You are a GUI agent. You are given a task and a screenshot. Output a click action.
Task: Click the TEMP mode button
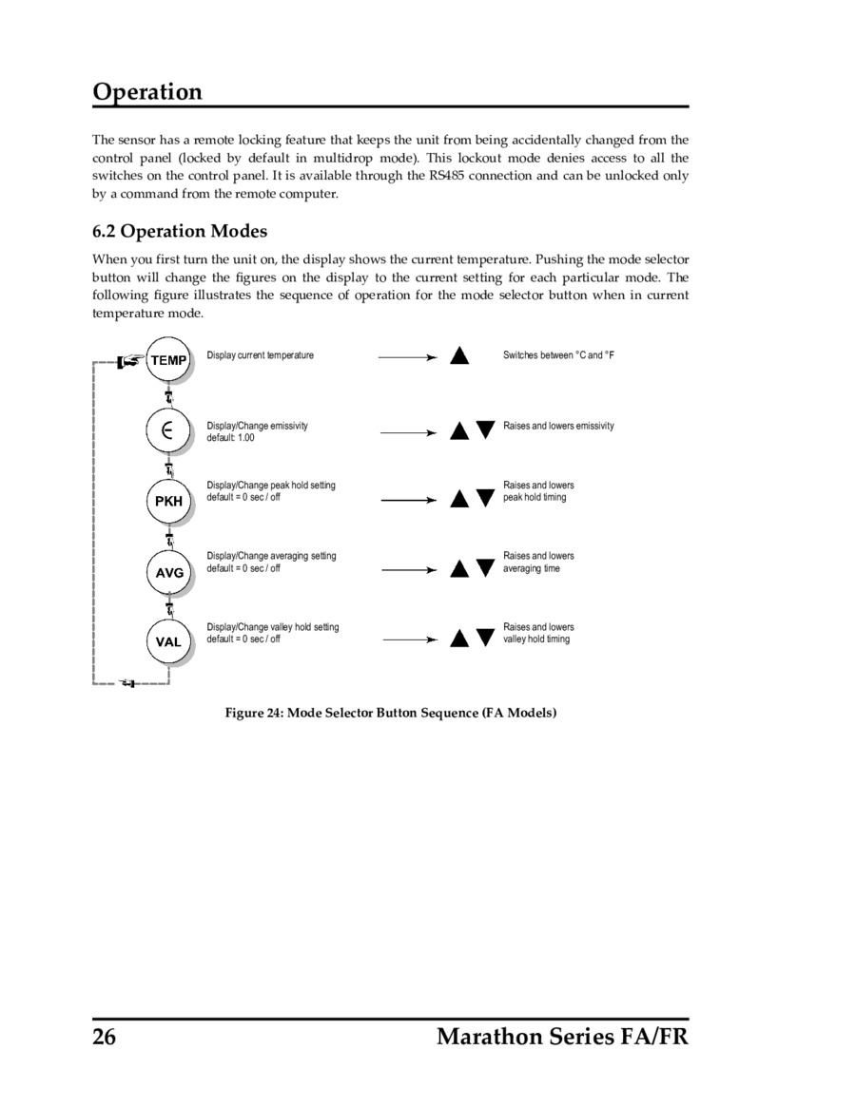[x=168, y=360]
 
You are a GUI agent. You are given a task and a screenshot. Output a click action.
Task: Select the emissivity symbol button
[x=168, y=429]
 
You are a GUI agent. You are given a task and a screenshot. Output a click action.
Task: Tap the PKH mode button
[x=168, y=501]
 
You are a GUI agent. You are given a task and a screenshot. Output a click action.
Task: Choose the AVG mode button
[x=168, y=572]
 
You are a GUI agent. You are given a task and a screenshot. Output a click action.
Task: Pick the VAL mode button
[x=168, y=641]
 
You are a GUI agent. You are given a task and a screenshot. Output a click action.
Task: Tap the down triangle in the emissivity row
[x=485, y=429]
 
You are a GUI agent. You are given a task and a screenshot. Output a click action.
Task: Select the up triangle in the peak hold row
[x=459, y=498]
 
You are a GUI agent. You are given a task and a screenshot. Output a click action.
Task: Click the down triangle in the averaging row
[x=485, y=569]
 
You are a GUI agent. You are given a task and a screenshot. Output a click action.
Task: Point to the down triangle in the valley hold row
[x=485, y=638]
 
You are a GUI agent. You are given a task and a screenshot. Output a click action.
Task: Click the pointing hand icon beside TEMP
[x=129, y=360]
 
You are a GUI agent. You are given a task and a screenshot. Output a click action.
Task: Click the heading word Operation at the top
[x=147, y=92]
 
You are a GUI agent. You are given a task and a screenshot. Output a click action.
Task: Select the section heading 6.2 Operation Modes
[x=180, y=231]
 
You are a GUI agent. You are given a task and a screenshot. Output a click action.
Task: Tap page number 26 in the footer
[x=104, y=1036]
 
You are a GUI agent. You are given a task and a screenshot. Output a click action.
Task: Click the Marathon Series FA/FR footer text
[x=562, y=1036]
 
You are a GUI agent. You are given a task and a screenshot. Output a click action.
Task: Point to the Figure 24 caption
[x=390, y=713]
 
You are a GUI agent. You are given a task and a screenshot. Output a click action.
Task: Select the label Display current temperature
[x=260, y=355]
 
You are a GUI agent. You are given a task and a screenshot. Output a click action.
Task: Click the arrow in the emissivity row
[x=408, y=432]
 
